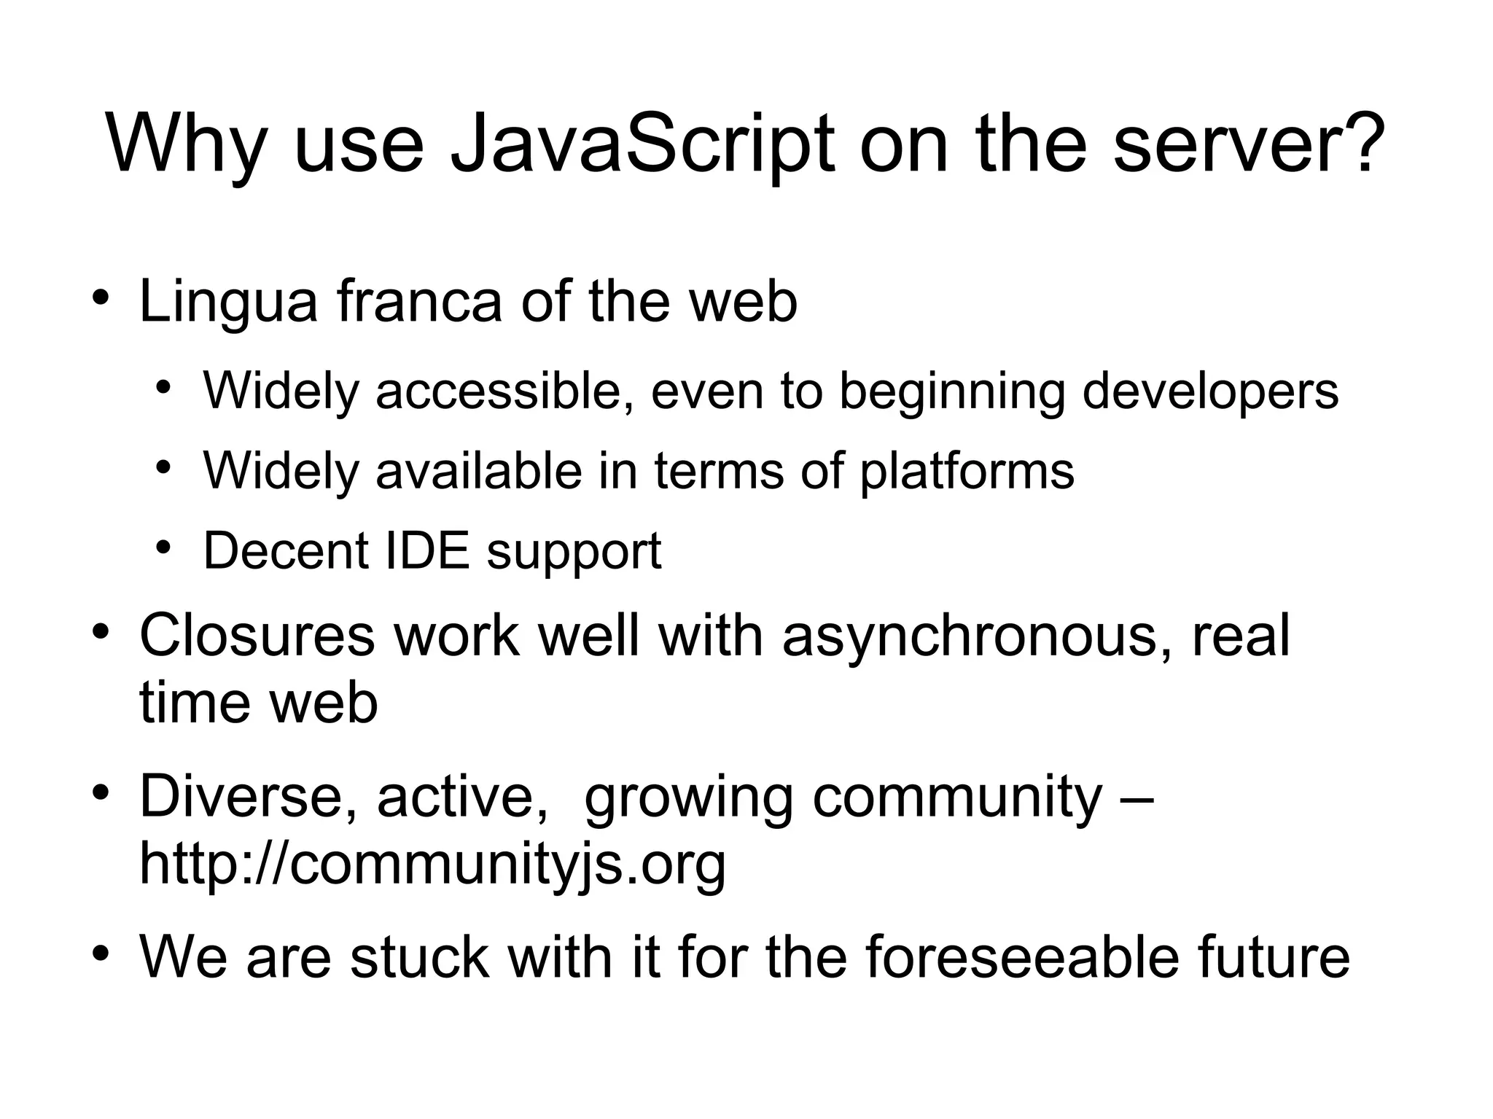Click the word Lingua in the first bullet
click(228, 302)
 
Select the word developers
click(1210, 392)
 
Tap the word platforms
click(967, 472)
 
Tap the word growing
click(688, 799)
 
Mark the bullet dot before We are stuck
click(101, 953)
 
